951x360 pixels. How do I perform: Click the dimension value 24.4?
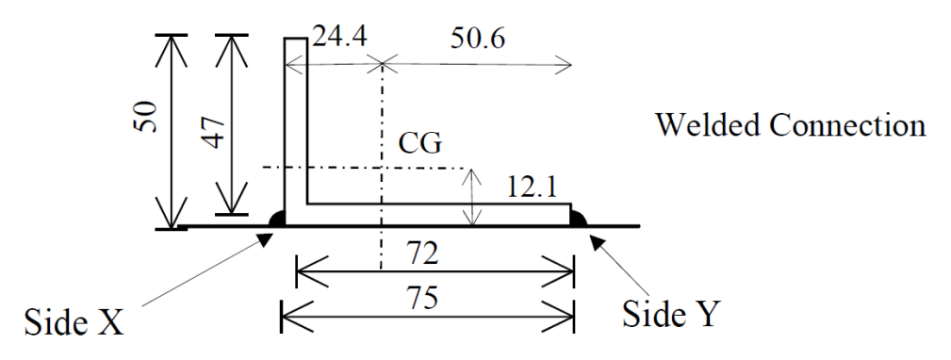pyautogui.click(x=339, y=38)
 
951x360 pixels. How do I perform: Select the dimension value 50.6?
pyautogui.click(x=478, y=40)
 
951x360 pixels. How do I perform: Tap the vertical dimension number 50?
pyautogui.click(x=147, y=117)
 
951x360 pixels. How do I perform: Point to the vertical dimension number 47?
pyautogui.click(x=214, y=132)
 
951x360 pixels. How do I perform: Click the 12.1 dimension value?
pyautogui.click(x=532, y=188)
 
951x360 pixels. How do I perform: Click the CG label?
pyautogui.click(x=419, y=144)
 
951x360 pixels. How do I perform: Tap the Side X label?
pyautogui.click(x=74, y=321)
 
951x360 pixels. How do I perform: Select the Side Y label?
pyautogui.click(x=672, y=313)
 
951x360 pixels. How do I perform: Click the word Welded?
pyautogui.click(x=709, y=125)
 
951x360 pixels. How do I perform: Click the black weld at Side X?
pyautogui.click(x=277, y=219)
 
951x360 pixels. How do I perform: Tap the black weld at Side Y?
pyautogui.click(x=579, y=219)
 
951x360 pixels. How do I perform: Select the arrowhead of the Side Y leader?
pyautogui.click(x=597, y=241)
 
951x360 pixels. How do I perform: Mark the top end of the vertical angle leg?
pyautogui.click(x=295, y=39)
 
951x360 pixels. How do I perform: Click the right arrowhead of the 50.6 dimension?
pyautogui.click(x=564, y=64)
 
